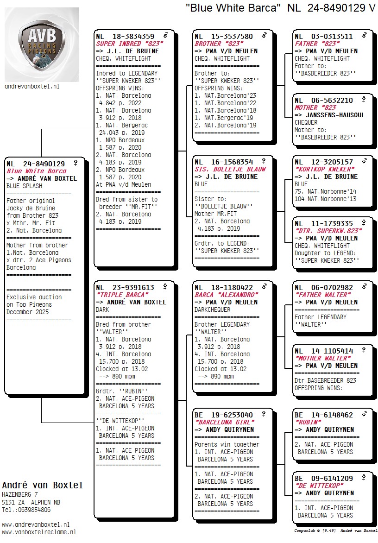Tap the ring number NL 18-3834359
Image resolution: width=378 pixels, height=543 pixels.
[x=125, y=37]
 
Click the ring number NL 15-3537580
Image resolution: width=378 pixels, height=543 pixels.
[x=224, y=37]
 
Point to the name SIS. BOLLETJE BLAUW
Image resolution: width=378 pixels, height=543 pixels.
[x=224, y=170]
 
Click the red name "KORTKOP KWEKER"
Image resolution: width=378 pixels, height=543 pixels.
[x=325, y=169]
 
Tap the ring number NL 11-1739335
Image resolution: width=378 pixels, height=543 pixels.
[x=324, y=223]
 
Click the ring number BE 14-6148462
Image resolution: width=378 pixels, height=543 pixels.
[x=324, y=415]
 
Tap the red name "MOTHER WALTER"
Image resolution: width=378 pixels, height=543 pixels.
[x=323, y=358]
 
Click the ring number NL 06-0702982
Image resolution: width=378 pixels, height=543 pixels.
[x=324, y=288]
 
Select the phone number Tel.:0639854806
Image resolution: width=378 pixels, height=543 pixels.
[x=26, y=510]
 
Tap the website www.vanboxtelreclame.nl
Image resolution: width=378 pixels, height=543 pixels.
[x=39, y=532]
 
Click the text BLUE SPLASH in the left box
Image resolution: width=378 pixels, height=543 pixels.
[x=24, y=186]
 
